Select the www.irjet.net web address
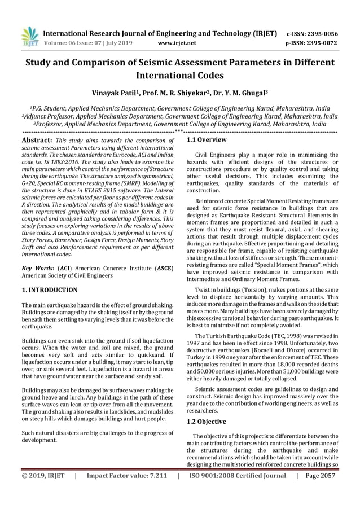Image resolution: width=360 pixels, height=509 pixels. pyautogui.click(x=178, y=42)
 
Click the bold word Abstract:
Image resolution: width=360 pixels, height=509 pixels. pyautogui.click(x=36, y=140)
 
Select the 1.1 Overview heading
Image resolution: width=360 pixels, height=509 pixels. pyautogui.click(x=207, y=139)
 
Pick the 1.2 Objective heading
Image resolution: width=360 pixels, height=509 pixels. pyautogui.click(x=207, y=422)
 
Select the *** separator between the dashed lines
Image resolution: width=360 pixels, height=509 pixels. pyautogui.click(x=178, y=132)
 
